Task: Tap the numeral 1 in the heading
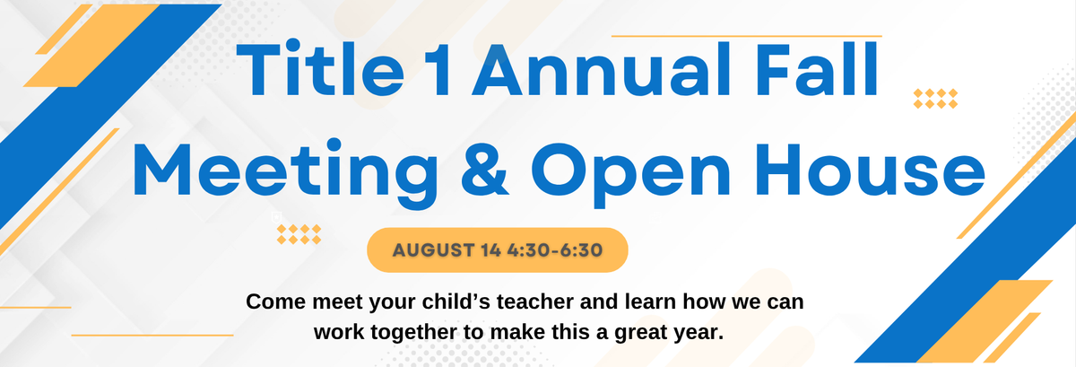pyautogui.click(x=438, y=70)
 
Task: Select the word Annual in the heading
pyautogui.click(x=602, y=70)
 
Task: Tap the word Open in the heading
pyautogui.click(x=630, y=174)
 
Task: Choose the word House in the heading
pyautogui.click(x=871, y=170)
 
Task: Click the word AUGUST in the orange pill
pyautogui.click(x=434, y=250)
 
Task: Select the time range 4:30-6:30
pyautogui.click(x=555, y=250)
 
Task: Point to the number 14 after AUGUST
pyautogui.click(x=491, y=250)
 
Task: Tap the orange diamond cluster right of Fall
pyautogui.click(x=935, y=99)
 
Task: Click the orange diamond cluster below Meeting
pyautogui.click(x=299, y=234)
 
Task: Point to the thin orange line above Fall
pyautogui.click(x=746, y=36)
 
